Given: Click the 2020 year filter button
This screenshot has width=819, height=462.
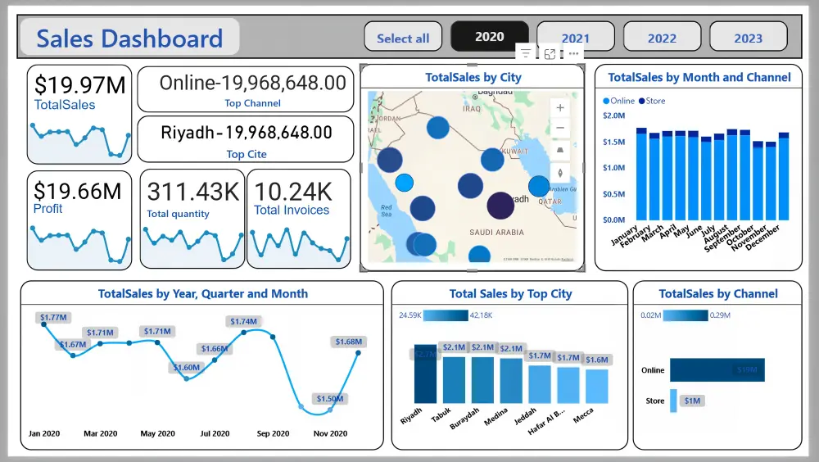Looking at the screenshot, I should (x=489, y=37).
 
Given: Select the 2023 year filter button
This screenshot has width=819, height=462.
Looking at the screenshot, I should (x=748, y=38).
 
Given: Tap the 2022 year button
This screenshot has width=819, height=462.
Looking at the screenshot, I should (x=662, y=38).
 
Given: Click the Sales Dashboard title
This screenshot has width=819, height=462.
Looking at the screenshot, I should (x=129, y=38).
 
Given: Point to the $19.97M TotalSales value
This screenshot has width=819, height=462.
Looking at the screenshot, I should (x=79, y=84).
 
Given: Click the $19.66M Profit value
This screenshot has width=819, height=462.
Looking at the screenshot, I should (x=77, y=191).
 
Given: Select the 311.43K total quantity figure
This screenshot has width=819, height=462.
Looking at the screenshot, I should (x=192, y=192).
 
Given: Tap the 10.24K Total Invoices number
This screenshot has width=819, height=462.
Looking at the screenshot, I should (x=293, y=192).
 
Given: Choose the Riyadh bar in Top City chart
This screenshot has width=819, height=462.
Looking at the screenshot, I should (x=425, y=374).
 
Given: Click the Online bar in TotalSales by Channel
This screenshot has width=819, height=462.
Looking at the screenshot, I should (x=717, y=369).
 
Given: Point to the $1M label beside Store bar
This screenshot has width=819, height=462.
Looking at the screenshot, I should (x=692, y=401).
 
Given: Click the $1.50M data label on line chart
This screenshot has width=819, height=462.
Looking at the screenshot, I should (x=330, y=398).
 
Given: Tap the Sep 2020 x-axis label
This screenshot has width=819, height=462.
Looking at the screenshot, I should (x=273, y=433).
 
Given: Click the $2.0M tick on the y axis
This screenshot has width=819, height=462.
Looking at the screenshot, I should (x=613, y=115).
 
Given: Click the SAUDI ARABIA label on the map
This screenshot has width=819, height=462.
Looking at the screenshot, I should (x=496, y=232).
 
